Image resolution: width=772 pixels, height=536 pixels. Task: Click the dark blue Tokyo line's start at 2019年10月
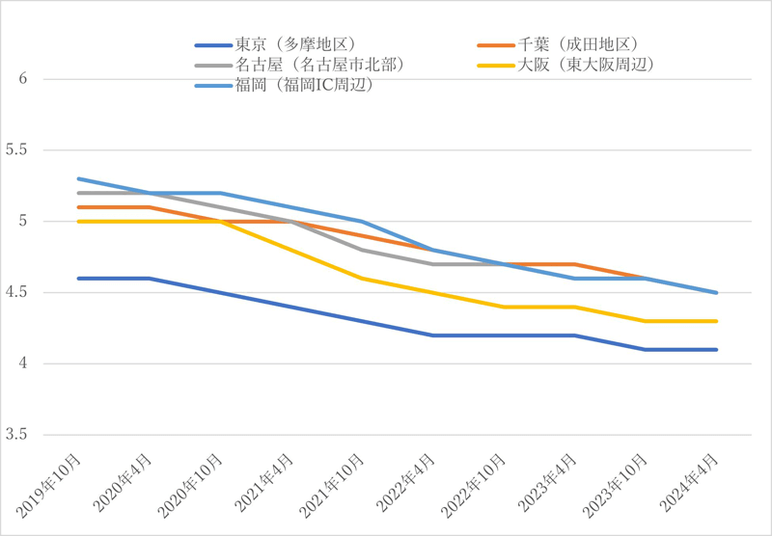click(77, 279)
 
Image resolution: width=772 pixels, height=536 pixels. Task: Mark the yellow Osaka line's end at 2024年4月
click(717, 321)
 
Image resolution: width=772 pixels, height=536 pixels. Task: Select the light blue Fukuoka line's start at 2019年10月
click(77, 178)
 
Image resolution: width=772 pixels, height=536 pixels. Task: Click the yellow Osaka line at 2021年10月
click(362, 279)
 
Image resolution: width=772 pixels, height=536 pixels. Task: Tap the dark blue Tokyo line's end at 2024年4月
click(717, 350)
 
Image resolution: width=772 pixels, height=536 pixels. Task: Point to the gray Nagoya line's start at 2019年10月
click(77, 193)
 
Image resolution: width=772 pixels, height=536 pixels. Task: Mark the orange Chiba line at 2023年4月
click(575, 264)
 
